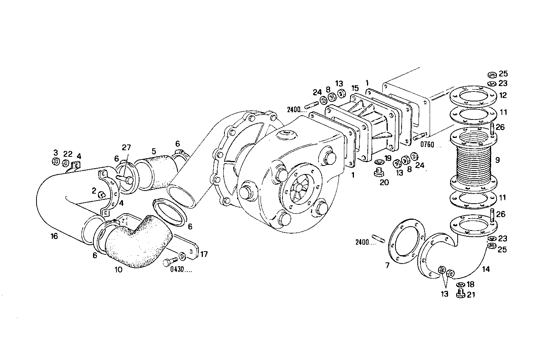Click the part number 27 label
tap(126, 147)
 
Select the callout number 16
tap(54, 236)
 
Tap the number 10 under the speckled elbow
tap(118, 270)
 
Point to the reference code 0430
tap(181, 270)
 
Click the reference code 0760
tap(428, 145)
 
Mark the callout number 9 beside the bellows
tap(498, 160)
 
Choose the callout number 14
tap(486, 269)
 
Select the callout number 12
tap(503, 95)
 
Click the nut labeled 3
tap(55, 162)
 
